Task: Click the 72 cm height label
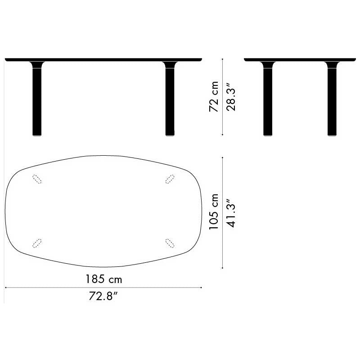click(214, 96)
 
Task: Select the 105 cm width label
click(214, 211)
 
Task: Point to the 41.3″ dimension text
click(230, 212)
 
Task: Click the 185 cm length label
click(104, 279)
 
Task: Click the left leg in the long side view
click(37, 99)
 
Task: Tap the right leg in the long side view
click(170, 99)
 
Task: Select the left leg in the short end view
click(268, 99)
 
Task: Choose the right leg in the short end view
click(332, 99)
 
